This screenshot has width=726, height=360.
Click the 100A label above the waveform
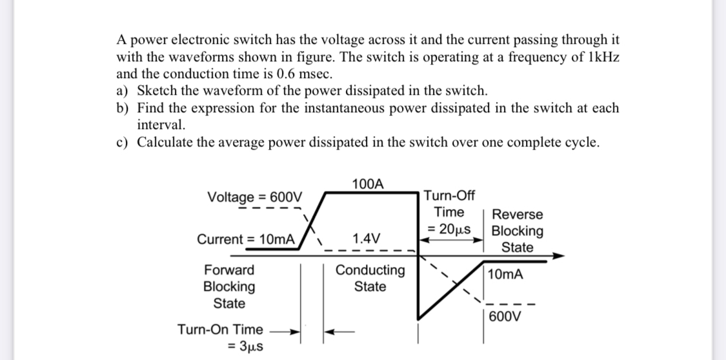click(368, 184)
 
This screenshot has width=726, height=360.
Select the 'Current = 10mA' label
click(246, 239)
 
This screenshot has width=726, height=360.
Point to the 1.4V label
click(367, 237)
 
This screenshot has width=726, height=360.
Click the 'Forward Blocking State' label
click(229, 286)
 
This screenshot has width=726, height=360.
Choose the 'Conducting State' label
click(370, 278)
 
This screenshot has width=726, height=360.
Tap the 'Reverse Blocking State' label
click(517, 231)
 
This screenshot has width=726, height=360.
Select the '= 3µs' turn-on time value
click(245, 348)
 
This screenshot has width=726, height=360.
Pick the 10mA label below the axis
click(506, 275)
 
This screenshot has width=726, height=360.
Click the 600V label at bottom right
click(507, 317)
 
